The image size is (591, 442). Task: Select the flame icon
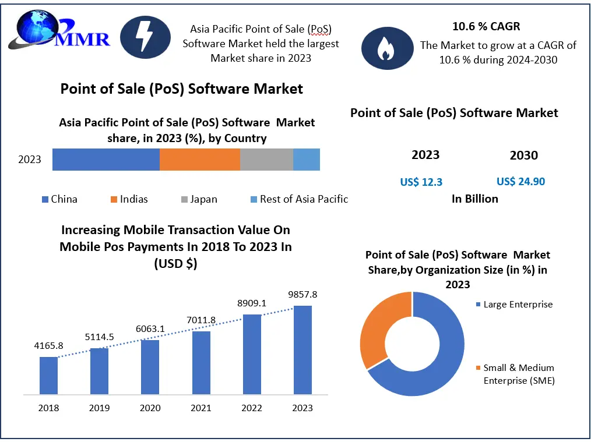click(x=384, y=48)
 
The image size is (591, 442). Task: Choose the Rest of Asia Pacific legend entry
click(x=298, y=199)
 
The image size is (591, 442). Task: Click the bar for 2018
click(x=48, y=375)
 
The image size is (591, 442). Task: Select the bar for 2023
click(x=302, y=349)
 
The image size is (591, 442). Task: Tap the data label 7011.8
click(x=201, y=320)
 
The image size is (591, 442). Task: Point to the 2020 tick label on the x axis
click(x=150, y=408)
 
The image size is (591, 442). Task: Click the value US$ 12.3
click(x=421, y=182)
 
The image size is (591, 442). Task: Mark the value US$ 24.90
click(x=520, y=182)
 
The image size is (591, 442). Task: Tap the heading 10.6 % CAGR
click(x=486, y=26)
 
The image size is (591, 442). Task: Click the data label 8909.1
click(x=252, y=303)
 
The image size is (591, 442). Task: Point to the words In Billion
click(x=475, y=199)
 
